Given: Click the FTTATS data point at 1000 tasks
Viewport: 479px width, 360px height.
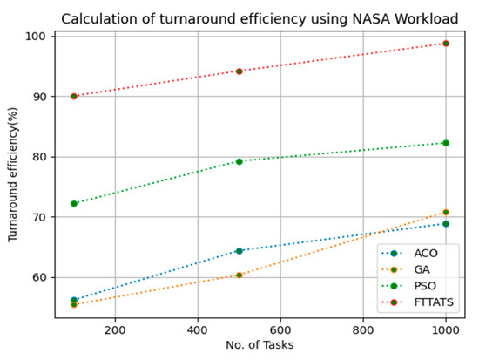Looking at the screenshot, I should point(446,43).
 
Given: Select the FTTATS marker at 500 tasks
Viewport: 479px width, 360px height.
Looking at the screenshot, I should point(239,71).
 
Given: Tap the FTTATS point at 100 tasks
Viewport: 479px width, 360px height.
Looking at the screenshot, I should point(74,96).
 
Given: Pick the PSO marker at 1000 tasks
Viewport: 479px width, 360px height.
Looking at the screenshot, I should point(446,143).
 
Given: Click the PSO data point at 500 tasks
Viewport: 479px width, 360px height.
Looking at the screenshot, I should point(239,161).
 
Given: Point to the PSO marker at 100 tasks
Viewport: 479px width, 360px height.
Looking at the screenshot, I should point(74,203).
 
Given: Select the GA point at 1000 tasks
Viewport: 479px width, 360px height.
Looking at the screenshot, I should point(446,212).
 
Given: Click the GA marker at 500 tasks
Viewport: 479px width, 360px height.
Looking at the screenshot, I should point(239,275).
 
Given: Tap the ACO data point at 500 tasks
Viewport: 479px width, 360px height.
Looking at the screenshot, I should point(239,251).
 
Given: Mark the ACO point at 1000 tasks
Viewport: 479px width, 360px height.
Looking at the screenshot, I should point(446,224).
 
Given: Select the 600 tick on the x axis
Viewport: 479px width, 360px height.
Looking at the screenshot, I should point(280,330).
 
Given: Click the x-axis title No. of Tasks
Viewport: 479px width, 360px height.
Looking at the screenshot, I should point(260,347).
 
